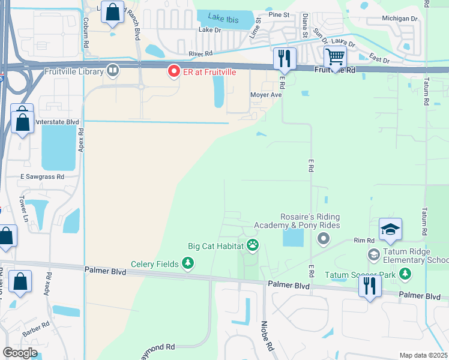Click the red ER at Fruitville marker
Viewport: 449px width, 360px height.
[174, 71]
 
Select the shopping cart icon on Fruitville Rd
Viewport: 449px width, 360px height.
[335, 57]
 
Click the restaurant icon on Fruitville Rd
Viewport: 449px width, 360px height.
[284, 58]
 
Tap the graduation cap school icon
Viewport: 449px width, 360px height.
[390, 230]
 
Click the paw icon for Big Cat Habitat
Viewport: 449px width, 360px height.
[253, 245]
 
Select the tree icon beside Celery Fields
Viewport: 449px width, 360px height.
[188, 263]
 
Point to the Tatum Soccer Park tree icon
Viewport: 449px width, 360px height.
[406, 274]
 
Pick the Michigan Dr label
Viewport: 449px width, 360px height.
[400, 19]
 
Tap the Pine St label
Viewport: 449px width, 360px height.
[279, 14]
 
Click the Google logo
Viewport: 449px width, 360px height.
[20, 353]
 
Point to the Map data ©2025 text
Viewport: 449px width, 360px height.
[423, 355]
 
